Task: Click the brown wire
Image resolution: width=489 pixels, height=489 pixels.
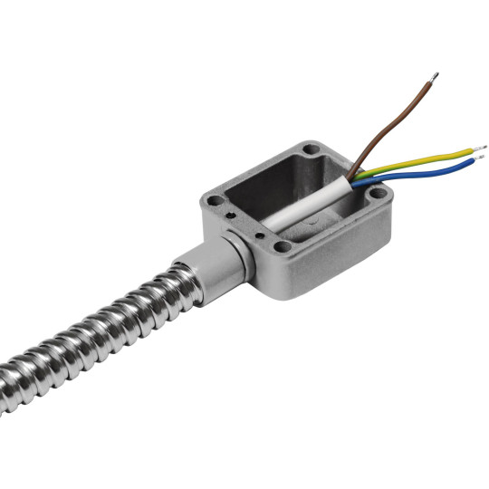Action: click(398, 118)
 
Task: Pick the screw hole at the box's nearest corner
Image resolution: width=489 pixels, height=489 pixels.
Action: click(284, 246)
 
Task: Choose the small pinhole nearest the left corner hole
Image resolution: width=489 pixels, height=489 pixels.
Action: click(233, 216)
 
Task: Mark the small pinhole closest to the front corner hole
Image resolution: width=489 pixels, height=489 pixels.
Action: click(265, 237)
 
